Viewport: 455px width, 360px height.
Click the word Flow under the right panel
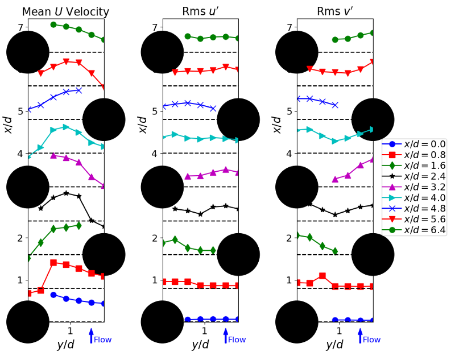371,340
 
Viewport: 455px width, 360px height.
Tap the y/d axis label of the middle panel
200,345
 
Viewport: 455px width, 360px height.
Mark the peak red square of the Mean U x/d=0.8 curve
53,263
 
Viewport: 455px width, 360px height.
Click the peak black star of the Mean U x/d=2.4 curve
66,193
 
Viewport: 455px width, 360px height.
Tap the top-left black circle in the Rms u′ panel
162,52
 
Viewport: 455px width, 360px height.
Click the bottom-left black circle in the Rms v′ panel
296,322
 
